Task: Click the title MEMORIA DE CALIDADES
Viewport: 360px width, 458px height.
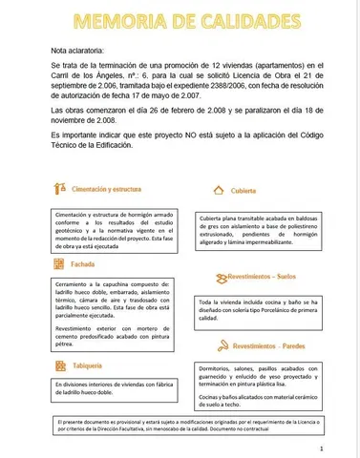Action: [x=180, y=21]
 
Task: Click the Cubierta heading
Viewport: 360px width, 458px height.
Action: [x=243, y=190]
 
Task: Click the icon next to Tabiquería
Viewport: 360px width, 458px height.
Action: [x=58, y=364]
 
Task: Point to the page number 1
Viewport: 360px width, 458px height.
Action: [x=322, y=448]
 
